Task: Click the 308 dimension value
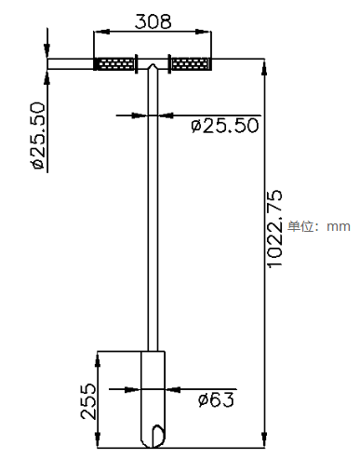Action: click(x=153, y=21)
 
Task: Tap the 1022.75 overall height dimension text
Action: click(x=274, y=229)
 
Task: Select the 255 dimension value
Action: click(x=88, y=401)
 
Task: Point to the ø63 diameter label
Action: click(x=216, y=399)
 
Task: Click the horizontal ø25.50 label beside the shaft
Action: click(x=225, y=126)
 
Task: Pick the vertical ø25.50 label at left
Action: click(x=37, y=136)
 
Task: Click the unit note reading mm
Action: click(x=339, y=226)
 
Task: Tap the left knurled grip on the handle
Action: click(x=115, y=63)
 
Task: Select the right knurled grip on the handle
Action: click(x=191, y=63)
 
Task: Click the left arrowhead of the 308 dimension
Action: click(x=101, y=32)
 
